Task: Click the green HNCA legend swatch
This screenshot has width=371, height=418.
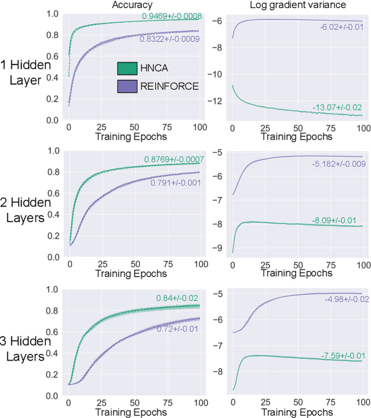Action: [x=127, y=69]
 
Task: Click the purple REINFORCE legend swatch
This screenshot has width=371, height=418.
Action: [x=127, y=86]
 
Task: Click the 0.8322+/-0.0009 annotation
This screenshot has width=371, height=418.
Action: [x=169, y=39]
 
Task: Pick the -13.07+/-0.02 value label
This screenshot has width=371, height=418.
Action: [x=337, y=107]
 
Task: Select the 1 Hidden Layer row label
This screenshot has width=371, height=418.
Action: [x=26, y=72]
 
